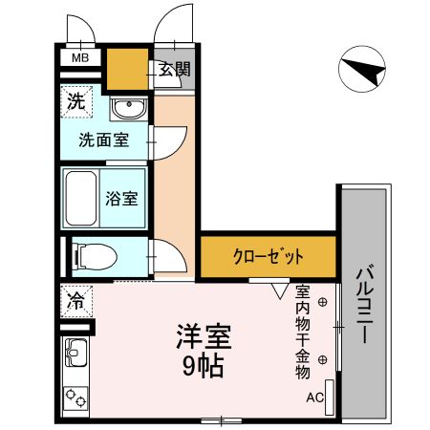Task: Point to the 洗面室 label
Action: click(x=104, y=140)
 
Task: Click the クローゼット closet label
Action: click(x=269, y=255)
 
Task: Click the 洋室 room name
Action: click(x=204, y=337)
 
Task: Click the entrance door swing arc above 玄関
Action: click(x=173, y=25)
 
